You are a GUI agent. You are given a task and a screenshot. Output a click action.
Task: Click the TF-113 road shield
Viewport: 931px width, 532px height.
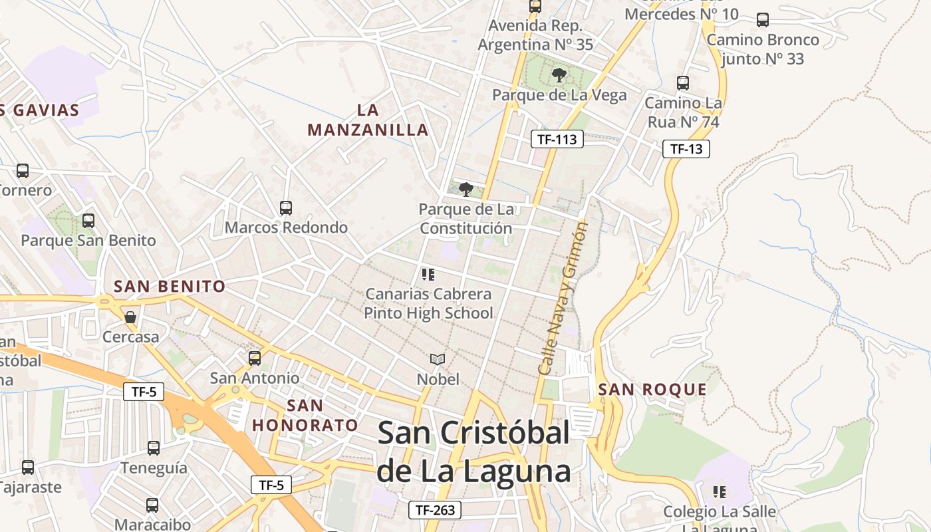557,139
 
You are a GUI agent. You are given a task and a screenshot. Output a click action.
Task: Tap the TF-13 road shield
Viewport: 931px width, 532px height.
686,149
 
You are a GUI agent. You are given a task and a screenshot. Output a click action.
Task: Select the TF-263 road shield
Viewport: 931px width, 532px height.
434,510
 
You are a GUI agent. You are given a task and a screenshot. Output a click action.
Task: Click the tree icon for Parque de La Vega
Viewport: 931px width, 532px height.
559,74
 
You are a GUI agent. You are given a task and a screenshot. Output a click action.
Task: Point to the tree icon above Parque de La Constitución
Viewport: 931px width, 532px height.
466,189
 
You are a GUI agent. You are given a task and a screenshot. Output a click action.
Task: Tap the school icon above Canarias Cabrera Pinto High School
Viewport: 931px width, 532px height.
428,274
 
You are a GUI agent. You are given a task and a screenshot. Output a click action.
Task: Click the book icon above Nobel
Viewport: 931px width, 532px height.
437,359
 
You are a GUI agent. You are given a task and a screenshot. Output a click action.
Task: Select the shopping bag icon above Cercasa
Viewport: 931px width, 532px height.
130,317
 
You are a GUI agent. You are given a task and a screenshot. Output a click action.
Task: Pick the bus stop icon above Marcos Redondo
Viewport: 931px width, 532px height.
286,207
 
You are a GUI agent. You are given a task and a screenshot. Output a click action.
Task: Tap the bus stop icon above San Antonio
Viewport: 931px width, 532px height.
255,358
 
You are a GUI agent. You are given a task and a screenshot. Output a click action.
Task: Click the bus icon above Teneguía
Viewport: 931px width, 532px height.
154,448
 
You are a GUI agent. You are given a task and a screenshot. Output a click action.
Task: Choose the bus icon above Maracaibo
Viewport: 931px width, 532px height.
152,505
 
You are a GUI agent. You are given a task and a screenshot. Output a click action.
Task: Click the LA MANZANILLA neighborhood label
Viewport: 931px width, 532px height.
368,120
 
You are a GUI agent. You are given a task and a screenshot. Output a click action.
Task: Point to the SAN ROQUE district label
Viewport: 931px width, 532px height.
652,390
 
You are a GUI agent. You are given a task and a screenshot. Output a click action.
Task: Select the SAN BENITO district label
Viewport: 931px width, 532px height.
170,287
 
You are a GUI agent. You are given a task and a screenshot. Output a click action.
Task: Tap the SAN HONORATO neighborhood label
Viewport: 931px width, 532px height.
305,415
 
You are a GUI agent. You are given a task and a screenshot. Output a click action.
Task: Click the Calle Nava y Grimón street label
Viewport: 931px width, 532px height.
563,298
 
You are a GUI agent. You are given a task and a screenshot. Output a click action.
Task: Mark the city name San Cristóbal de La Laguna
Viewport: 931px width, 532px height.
473,452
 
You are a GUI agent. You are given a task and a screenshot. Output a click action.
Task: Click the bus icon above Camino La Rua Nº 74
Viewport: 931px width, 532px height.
683,83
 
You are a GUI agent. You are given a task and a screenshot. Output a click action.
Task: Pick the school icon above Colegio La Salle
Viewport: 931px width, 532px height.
719,492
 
